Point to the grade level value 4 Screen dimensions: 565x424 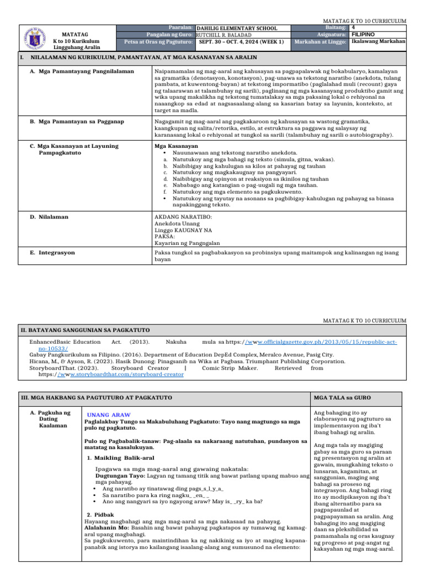tap(353, 27)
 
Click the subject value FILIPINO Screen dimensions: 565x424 tap(364, 34)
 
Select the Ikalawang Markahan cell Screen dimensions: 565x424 tap(378, 41)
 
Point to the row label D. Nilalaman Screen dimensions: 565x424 tap(49, 217)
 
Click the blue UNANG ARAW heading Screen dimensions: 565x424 tap(109, 414)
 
